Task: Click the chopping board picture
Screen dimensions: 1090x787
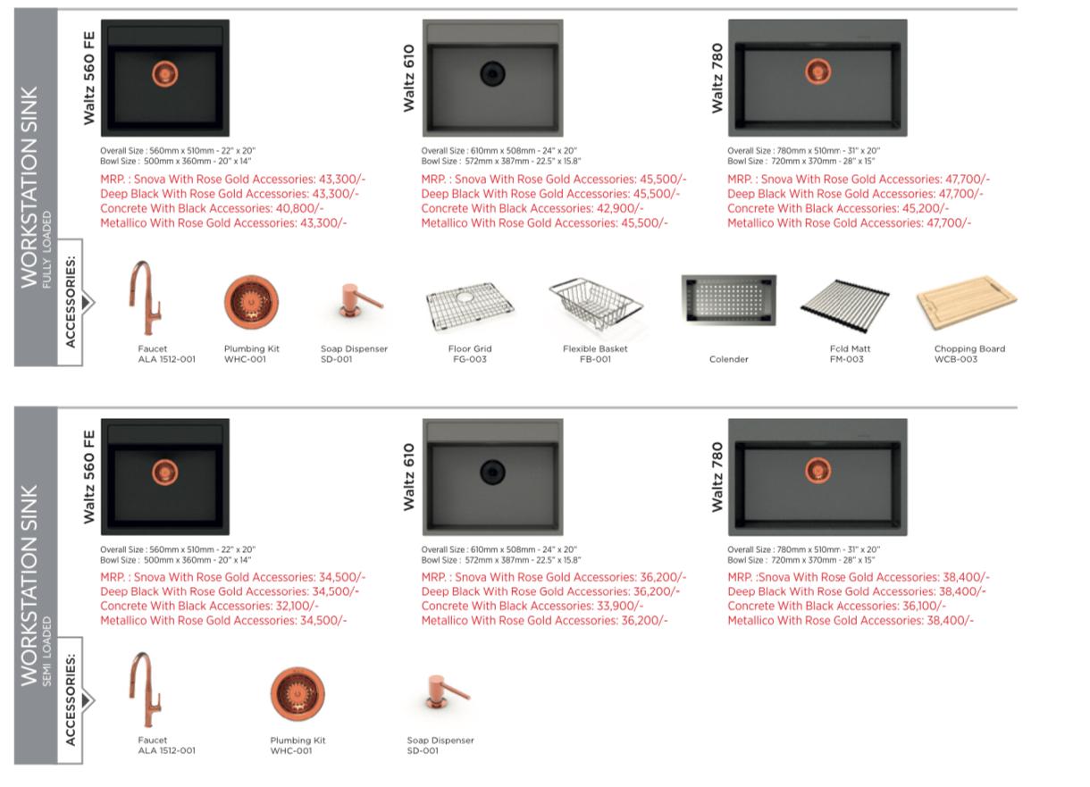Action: click(967, 302)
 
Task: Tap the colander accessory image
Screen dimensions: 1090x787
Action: click(728, 300)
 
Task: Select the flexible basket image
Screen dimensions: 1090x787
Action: click(596, 304)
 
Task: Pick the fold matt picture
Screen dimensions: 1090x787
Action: click(845, 306)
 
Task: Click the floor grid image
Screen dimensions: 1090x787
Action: click(470, 307)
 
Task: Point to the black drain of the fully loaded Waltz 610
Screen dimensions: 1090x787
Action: click(492, 74)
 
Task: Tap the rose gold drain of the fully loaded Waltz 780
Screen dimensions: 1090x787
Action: click(818, 71)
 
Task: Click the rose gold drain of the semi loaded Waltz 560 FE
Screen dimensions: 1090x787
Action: click(165, 473)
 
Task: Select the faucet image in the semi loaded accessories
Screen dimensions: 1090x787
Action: click(145, 690)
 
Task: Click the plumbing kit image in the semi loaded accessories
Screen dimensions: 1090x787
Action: click(298, 693)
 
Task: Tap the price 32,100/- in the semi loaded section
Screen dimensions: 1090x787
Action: click(298, 606)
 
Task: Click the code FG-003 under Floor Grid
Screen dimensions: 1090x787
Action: click(470, 359)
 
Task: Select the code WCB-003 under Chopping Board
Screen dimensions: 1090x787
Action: click(956, 359)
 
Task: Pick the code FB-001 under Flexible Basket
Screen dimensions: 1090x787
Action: click(595, 359)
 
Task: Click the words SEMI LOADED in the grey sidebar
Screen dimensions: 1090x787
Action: click(46, 651)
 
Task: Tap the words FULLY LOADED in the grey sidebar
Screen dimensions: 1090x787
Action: click(46, 249)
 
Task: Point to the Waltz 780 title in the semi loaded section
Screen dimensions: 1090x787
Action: click(717, 477)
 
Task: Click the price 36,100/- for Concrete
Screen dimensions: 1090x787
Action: click(925, 606)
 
